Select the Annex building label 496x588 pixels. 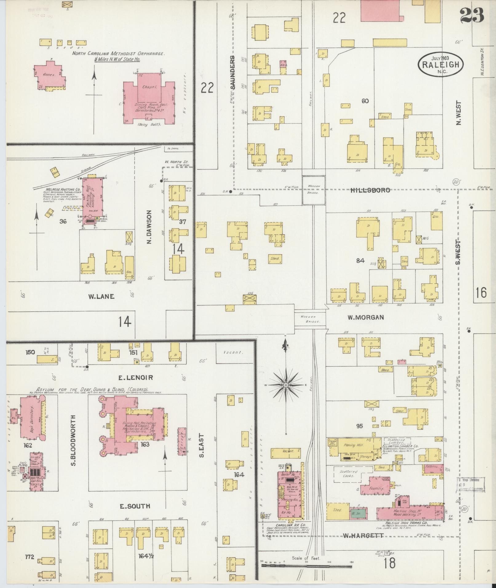click(x=48, y=75)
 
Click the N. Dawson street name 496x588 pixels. click(x=150, y=227)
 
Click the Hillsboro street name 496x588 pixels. click(x=370, y=190)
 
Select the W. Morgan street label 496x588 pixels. click(x=366, y=318)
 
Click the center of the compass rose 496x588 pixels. click(x=286, y=385)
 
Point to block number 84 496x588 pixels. click(x=360, y=261)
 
